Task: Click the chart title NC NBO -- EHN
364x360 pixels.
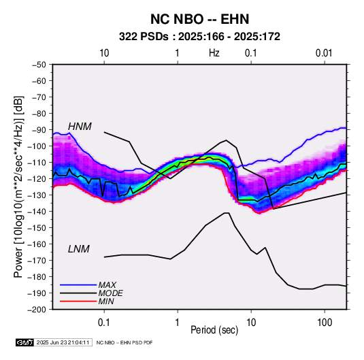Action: [199, 19]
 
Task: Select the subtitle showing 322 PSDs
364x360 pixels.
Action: [199, 37]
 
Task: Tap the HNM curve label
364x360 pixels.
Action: [80, 127]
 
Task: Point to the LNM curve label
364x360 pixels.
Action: [79, 249]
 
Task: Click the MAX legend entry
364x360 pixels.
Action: [107, 284]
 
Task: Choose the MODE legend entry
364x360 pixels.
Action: [110, 293]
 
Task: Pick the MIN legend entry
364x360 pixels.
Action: [106, 301]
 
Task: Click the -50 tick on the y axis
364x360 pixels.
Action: [39, 65]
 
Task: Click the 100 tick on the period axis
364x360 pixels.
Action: [325, 323]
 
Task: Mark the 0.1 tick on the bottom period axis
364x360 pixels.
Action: [104, 323]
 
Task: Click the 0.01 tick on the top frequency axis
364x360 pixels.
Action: [324, 53]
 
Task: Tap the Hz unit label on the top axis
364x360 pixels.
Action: [214, 53]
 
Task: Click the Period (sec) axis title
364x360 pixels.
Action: [214, 330]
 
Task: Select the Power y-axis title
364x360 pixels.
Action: [18, 187]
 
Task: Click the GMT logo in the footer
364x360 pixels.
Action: [25, 342]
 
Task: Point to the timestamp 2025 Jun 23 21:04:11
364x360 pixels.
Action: [63, 342]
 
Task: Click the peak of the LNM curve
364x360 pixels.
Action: [227, 213]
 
